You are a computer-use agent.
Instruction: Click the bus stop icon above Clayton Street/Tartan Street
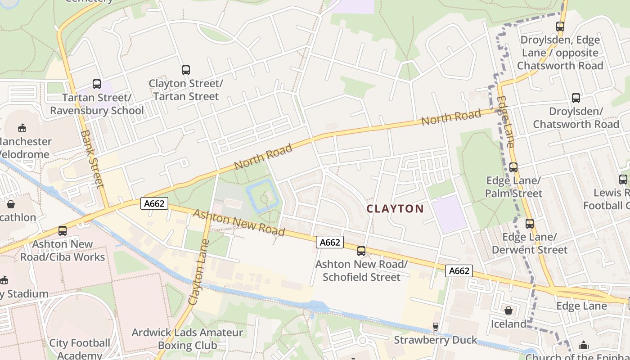point(185,70)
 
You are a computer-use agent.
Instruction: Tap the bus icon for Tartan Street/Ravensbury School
point(97,84)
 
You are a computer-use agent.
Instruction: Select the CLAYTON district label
point(395,209)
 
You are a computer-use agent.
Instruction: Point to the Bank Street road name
point(92,159)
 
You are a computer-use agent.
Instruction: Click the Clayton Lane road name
point(199,272)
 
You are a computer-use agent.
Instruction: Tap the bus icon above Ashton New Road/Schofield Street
point(361,251)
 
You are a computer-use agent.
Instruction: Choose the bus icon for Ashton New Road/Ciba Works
point(63,231)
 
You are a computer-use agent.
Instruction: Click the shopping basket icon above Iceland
point(508,310)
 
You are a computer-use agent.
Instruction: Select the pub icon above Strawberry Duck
point(435,327)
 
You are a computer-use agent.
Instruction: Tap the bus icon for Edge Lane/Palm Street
point(513,167)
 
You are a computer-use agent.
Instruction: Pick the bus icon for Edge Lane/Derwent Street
point(530,224)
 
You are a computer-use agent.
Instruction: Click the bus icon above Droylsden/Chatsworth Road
point(576,98)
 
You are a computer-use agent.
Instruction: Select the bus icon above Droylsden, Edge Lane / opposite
point(560,27)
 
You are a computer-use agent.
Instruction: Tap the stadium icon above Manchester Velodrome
point(22,128)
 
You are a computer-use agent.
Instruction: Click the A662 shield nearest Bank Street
point(154,204)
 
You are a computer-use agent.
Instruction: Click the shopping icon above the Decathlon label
point(11,205)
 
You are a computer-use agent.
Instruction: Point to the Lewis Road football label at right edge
point(607,199)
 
